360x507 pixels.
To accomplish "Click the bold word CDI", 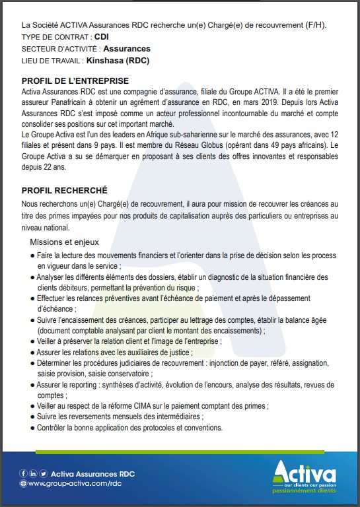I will [102, 37].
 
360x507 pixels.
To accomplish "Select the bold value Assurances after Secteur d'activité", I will [128, 49].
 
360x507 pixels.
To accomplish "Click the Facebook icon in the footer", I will [24, 473].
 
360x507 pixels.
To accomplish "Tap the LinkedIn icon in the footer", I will [34, 473].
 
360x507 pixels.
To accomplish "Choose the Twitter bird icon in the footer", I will [44, 473].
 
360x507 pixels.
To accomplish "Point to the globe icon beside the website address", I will [24, 483].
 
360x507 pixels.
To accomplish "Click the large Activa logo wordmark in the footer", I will [304, 473].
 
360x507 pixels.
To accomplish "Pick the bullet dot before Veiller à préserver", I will [33, 341].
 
